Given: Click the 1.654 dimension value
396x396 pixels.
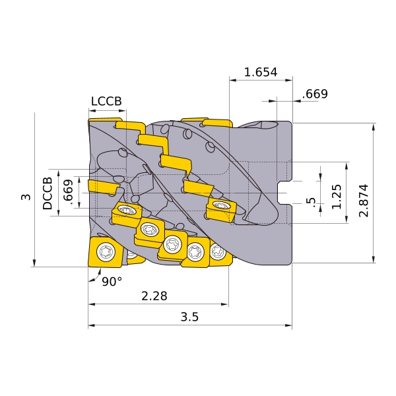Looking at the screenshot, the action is click(261, 72).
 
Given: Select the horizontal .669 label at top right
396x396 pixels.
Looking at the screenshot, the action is click(315, 94).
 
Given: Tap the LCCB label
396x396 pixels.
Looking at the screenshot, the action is click(106, 101).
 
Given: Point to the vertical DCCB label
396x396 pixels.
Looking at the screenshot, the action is click(48, 193).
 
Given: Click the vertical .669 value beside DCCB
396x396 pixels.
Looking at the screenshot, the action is click(68, 191).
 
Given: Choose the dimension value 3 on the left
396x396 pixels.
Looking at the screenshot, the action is click(26, 197).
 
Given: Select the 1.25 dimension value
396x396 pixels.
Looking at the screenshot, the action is click(337, 197).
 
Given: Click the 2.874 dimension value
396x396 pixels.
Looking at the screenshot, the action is click(364, 201).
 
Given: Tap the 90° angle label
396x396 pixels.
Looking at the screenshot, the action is click(112, 282).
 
